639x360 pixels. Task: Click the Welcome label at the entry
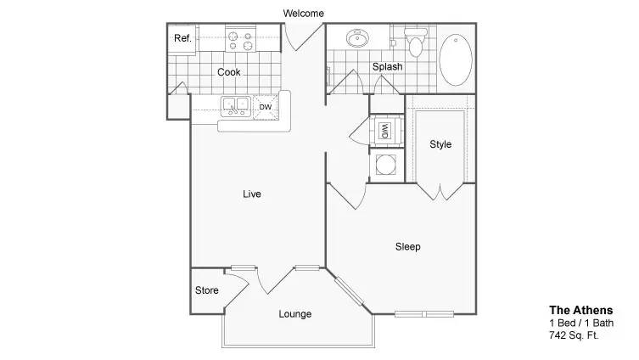(303, 14)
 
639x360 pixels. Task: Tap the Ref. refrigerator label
(182, 38)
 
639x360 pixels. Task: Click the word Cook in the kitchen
(228, 72)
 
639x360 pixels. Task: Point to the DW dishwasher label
(266, 107)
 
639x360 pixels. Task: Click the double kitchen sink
(236, 106)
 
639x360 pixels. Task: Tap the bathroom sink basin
(357, 38)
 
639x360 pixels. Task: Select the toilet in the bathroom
(415, 42)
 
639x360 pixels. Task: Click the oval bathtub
(456, 60)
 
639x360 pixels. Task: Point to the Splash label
(387, 66)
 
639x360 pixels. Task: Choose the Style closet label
(440, 144)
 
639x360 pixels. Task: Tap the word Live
(252, 194)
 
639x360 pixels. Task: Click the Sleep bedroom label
(408, 247)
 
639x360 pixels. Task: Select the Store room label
(206, 290)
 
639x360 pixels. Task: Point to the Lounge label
(295, 314)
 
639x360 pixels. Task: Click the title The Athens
(580, 310)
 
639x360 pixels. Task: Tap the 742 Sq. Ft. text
(574, 335)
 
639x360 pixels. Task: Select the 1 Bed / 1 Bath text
(581, 323)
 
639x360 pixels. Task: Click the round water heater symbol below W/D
(386, 165)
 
